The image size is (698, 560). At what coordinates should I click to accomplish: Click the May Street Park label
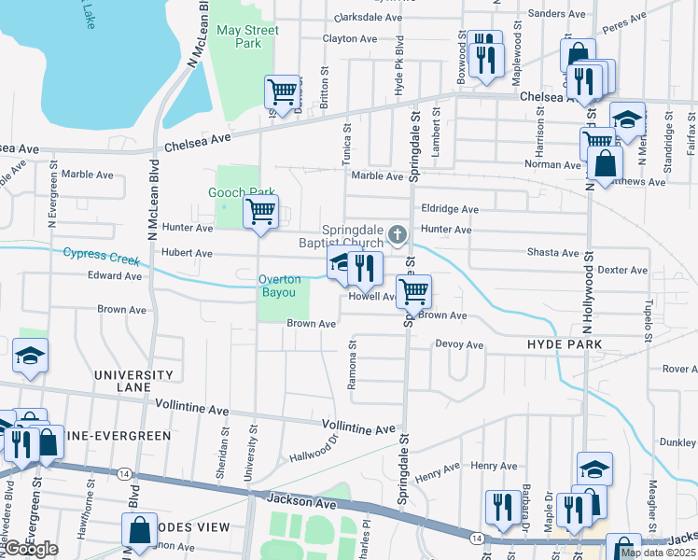tap(247, 36)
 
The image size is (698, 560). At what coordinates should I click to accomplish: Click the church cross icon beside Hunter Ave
tap(398, 233)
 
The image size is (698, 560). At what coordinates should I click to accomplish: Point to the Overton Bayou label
tap(280, 286)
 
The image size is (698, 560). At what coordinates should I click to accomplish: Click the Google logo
tap(30, 549)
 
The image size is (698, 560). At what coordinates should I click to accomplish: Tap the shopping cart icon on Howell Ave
tap(413, 290)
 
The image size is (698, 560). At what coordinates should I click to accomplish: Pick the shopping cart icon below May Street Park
tap(282, 91)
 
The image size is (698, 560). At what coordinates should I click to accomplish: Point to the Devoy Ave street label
tap(459, 344)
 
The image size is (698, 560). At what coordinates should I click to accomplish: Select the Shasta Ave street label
tap(552, 253)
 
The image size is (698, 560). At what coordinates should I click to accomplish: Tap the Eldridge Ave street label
tap(450, 210)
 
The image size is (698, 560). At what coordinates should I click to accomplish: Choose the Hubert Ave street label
tap(188, 253)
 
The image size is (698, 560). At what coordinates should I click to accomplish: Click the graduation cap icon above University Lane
tap(30, 356)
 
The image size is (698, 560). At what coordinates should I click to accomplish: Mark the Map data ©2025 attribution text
tap(658, 553)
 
